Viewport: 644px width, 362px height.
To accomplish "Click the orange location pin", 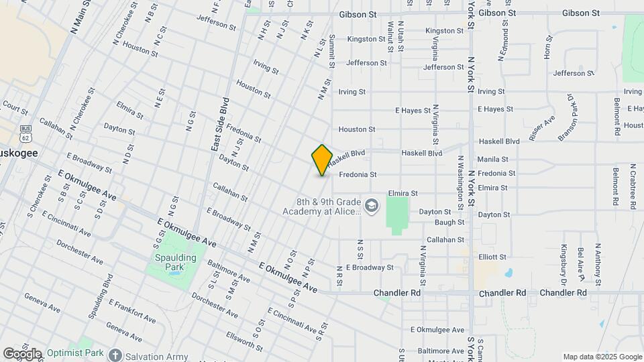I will tap(322, 160).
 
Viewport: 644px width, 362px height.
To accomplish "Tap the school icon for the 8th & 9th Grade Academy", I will tap(372, 203).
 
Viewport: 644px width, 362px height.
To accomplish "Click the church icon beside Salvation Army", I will tap(115, 355).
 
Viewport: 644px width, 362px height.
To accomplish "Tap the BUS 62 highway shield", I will tap(25, 133).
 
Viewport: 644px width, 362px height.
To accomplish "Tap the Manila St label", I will tap(492, 160).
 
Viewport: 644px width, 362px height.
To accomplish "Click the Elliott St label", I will tap(492, 257).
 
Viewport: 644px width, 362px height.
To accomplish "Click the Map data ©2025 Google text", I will tap(602, 357).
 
